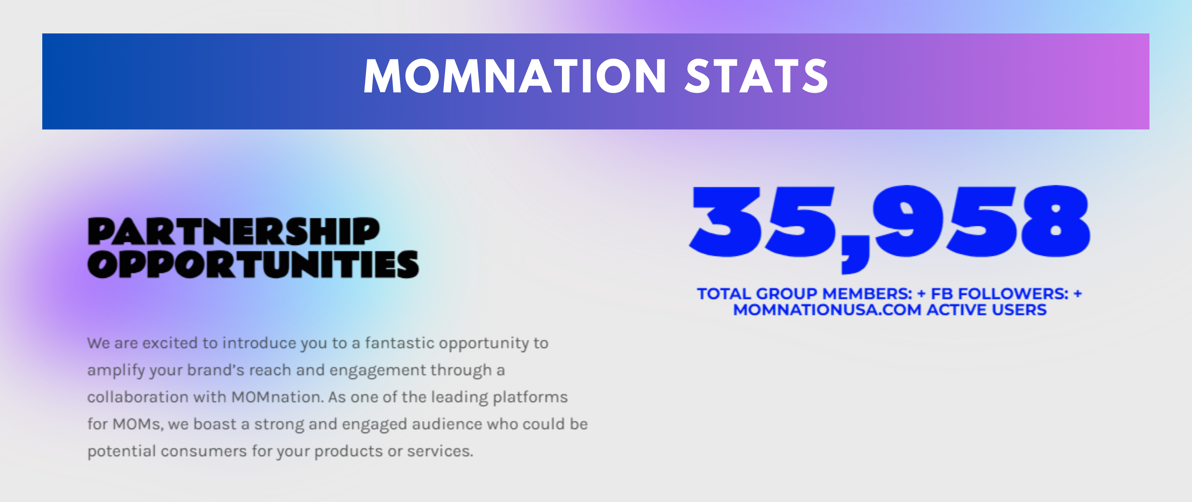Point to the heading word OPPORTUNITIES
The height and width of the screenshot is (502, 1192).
tap(253, 264)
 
